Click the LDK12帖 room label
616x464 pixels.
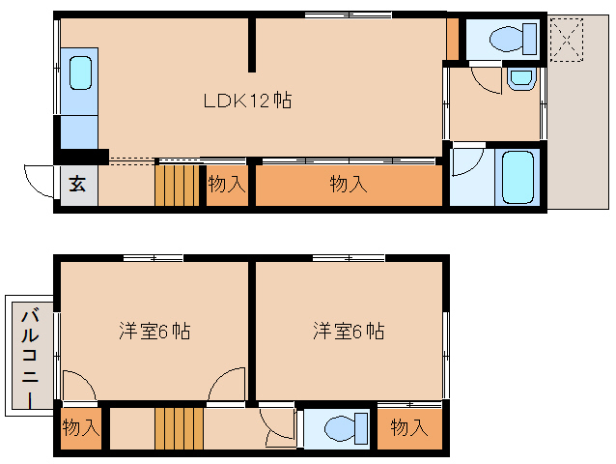[248, 100]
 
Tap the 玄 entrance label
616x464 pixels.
[76, 185]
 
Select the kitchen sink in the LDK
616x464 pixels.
[80, 72]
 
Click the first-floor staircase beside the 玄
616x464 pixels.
[175, 186]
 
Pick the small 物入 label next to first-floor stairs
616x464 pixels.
[227, 184]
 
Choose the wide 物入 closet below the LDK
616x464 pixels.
[348, 184]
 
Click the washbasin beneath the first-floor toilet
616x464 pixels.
[519, 78]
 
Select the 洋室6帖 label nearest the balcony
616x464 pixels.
[154, 331]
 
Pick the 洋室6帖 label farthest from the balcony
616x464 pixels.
[348, 331]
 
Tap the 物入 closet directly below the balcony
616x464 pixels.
[81, 426]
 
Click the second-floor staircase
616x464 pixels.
[180, 428]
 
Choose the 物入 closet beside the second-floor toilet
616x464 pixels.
[409, 426]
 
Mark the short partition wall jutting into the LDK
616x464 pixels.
[252, 43]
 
